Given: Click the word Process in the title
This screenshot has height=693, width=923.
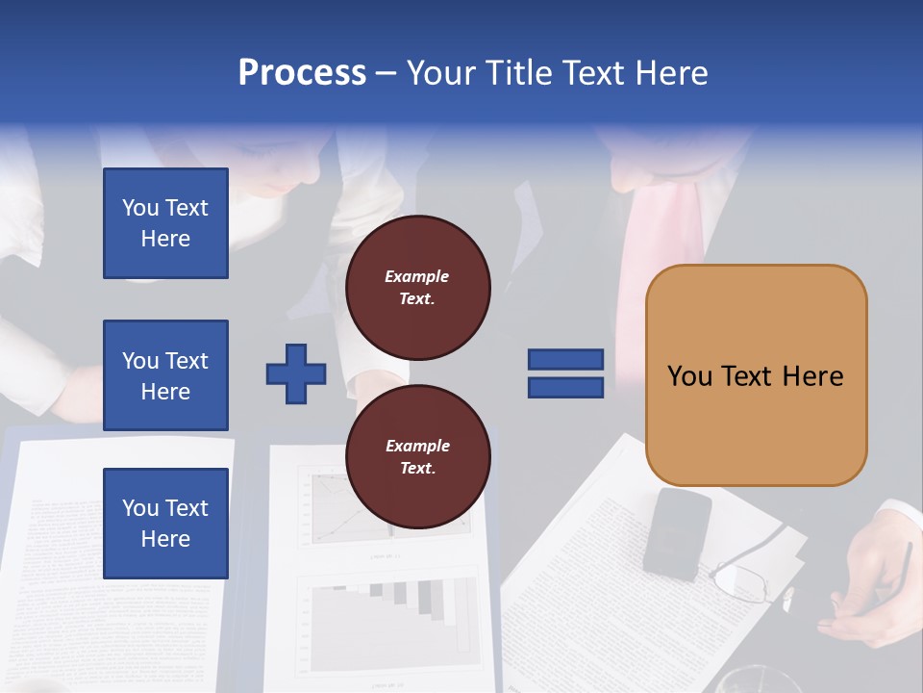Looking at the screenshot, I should tap(302, 73).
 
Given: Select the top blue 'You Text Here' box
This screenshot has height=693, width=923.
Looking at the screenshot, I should tap(165, 223).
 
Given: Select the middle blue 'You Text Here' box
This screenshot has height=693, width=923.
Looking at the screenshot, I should tap(165, 375).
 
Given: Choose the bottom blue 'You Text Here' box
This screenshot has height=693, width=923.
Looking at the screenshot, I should tap(165, 524).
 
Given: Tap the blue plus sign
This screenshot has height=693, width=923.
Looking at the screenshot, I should tap(296, 373).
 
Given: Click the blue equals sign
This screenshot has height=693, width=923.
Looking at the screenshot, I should tap(565, 373).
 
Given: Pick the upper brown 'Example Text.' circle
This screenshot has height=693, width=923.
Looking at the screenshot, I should tap(417, 288).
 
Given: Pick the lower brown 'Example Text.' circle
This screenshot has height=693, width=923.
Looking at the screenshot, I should tap(417, 457).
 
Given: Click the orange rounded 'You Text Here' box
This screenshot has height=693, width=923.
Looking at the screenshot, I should tap(756, 375).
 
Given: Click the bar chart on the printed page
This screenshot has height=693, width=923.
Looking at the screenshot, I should tap(394, 616).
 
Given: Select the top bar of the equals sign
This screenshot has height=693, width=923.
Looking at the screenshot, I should tap(565, 360).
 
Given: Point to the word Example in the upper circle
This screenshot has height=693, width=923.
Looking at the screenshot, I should tap(417, 277).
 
